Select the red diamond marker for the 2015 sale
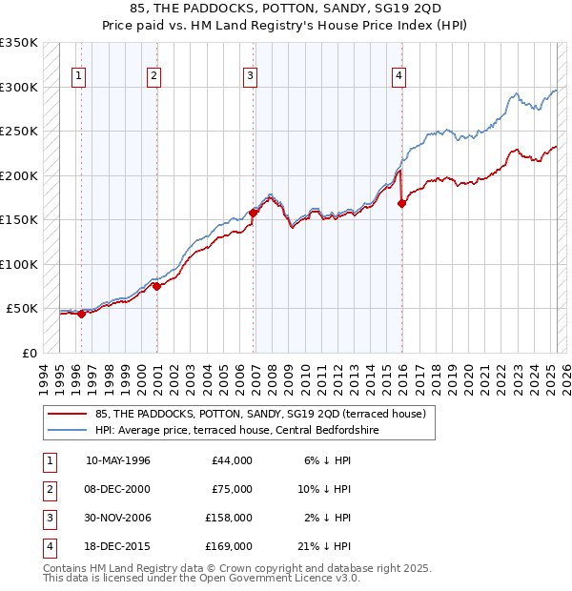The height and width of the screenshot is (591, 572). point(401,203)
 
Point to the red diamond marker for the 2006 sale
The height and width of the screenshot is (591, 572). point(254,214)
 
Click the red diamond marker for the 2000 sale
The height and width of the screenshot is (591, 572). point(156,286)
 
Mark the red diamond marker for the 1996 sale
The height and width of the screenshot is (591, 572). point(81,314)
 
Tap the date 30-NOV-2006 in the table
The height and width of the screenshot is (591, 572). point(117,518)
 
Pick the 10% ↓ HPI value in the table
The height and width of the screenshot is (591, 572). point(329,489)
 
